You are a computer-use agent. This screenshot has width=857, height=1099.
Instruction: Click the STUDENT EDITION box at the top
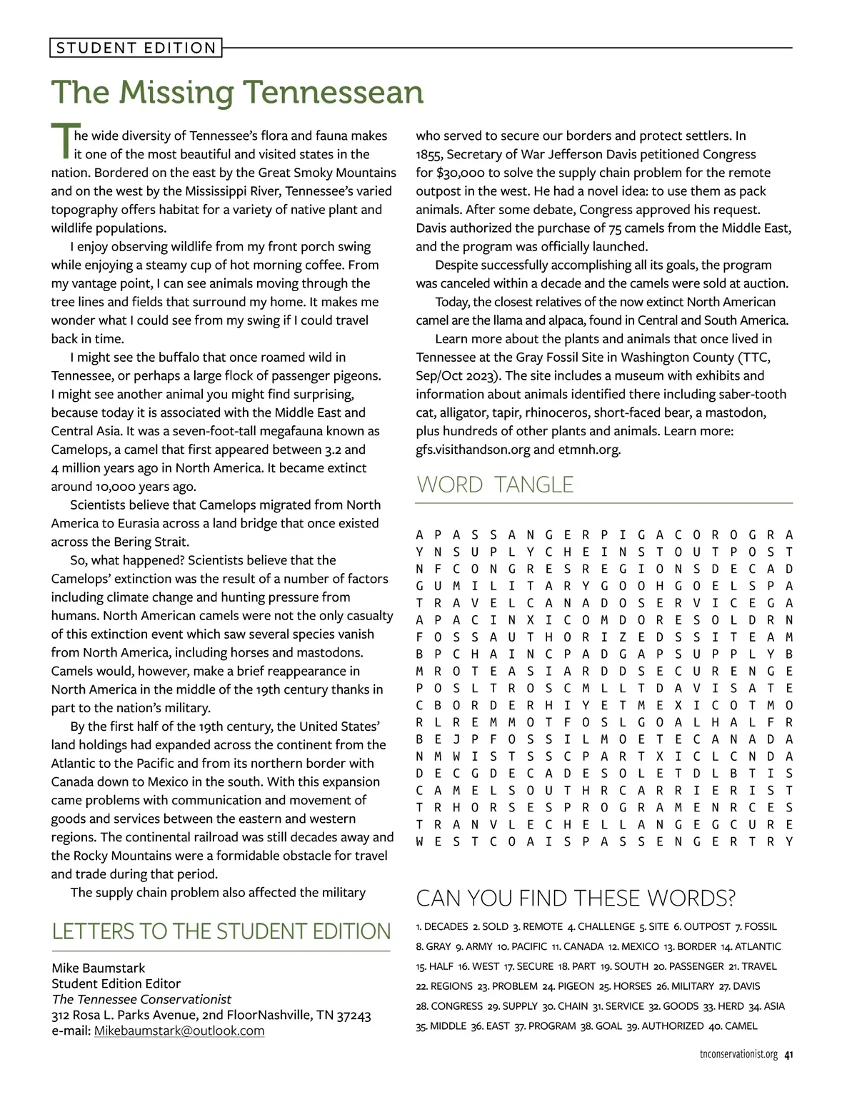(136, 48)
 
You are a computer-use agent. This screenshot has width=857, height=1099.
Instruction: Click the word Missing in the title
(173, 92)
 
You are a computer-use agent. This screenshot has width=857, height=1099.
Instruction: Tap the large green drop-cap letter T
(62, 141)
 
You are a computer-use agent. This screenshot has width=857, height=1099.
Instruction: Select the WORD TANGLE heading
(495, 485)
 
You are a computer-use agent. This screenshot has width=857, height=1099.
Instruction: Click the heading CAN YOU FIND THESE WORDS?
(576, 898)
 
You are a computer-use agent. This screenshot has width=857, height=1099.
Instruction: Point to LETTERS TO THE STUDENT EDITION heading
(221, 931)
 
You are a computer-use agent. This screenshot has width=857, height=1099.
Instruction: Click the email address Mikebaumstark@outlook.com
(179, 1030)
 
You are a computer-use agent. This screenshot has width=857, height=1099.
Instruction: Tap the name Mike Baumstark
(98, 968)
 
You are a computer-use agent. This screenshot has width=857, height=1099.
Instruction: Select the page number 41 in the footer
(788, 1055)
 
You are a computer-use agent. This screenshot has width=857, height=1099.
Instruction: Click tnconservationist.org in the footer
(738, 1055)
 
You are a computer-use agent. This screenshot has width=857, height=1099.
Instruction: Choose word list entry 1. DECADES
(441, 926)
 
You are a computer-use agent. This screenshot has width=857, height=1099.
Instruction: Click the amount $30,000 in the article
(461, 173)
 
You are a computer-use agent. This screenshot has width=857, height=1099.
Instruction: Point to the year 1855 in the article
(428, 154)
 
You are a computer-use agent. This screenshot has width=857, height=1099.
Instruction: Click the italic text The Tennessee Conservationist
(141, 999)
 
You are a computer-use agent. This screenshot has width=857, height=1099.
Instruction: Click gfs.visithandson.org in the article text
(473, 450)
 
